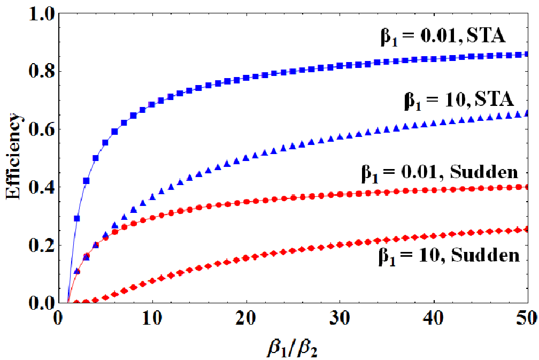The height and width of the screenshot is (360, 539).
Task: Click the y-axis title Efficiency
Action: pos(14,156)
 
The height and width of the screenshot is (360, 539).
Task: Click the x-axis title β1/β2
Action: pos(292,348)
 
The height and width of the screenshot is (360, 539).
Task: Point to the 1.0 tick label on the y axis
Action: pos(41,14)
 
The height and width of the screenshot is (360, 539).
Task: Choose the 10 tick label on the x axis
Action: pos(152,319)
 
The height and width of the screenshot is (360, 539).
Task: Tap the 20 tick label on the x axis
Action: pos(246,319)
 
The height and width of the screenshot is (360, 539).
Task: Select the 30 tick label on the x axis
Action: pos(340,319)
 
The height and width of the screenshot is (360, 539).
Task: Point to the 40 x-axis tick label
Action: pos(434,319)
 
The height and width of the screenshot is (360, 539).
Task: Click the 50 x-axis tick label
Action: pos(528,319)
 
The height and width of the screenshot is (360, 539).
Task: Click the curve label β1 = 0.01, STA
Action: pos(443,36)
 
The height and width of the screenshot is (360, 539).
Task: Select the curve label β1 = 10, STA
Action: pos(459,100)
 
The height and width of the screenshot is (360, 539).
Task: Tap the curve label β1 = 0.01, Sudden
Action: pos(440,172)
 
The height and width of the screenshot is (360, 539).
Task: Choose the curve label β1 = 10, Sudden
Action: pos(449,256)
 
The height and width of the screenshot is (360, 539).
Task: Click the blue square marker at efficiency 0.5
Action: pos(96,158)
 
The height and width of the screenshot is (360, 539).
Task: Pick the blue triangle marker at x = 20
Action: pos(246,158)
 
